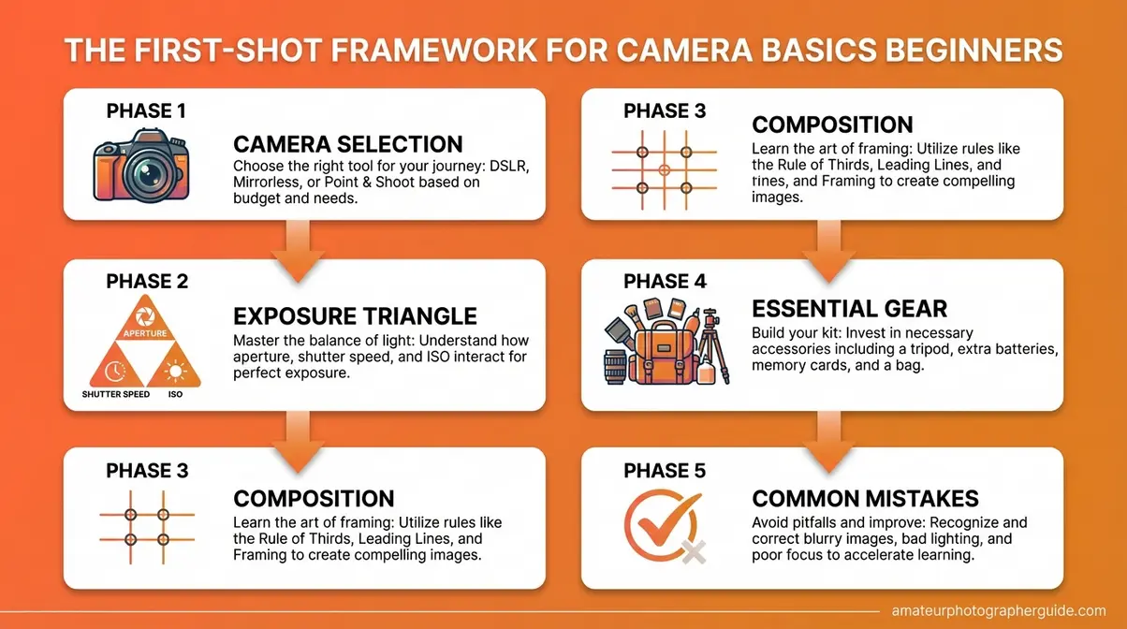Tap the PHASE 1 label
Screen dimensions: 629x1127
tap(147, 110)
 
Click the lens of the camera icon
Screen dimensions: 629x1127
tap(147, 172)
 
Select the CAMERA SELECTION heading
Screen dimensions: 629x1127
tap(347, 144)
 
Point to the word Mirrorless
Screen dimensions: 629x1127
tap(271, 183)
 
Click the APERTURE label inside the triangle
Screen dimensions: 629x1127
tap(146, 333)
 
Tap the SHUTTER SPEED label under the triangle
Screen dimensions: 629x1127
tap(116, 394)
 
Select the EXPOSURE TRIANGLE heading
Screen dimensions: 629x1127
tap(355, 315)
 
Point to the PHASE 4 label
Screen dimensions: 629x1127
tap(666, 282)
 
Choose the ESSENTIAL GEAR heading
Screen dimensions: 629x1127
tap(849, 309)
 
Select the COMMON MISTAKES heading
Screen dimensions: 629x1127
tap(865, 499)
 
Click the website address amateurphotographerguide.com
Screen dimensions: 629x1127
tap(999, 609)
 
